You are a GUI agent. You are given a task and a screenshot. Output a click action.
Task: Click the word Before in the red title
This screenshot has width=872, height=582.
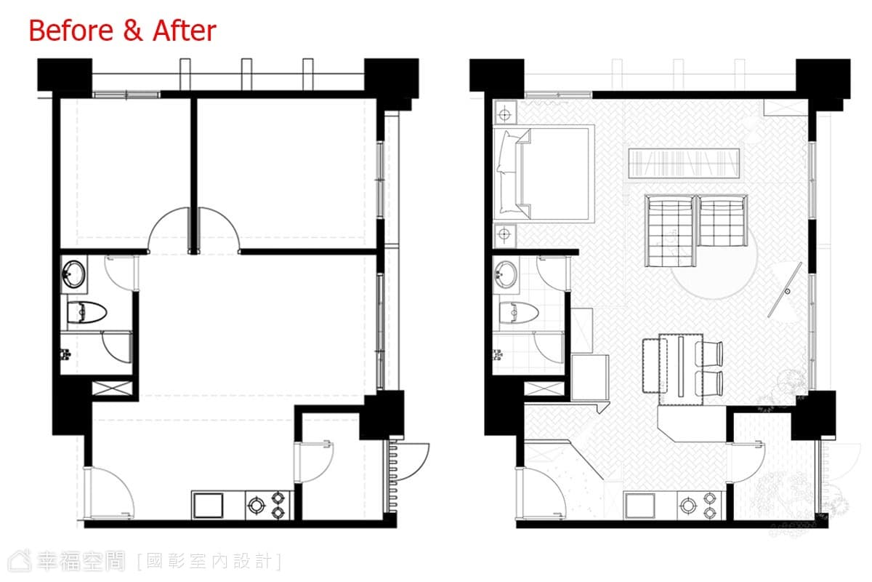71,31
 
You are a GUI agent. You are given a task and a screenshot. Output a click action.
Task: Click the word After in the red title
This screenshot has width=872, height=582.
185,31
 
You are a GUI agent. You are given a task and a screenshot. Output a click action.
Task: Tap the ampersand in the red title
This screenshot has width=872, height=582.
133,31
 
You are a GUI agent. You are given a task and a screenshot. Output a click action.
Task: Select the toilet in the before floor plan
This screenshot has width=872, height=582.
86,312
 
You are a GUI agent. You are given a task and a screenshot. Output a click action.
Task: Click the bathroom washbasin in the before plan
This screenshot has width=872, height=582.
74,274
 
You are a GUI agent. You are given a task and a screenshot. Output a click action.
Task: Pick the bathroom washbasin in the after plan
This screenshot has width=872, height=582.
506,274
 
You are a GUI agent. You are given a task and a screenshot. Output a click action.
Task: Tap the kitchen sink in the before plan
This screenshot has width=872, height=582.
209,506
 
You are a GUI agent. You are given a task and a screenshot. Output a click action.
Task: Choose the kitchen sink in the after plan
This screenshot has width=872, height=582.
640,506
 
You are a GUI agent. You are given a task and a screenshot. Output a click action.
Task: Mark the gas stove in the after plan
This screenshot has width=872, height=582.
700,505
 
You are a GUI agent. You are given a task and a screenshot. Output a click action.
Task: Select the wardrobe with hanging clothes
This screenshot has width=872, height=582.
684,164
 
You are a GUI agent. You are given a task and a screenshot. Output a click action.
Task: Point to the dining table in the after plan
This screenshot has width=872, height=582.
680,369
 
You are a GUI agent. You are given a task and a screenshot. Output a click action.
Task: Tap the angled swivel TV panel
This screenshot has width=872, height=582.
785,290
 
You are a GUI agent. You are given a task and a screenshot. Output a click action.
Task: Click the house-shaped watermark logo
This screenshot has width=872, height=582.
20,561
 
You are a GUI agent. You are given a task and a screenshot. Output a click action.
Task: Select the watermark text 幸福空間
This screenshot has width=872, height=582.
81,562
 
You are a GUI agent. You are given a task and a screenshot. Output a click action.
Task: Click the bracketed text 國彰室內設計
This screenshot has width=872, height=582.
209,562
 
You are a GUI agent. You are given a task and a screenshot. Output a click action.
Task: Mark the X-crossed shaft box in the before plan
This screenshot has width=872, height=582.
112,388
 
